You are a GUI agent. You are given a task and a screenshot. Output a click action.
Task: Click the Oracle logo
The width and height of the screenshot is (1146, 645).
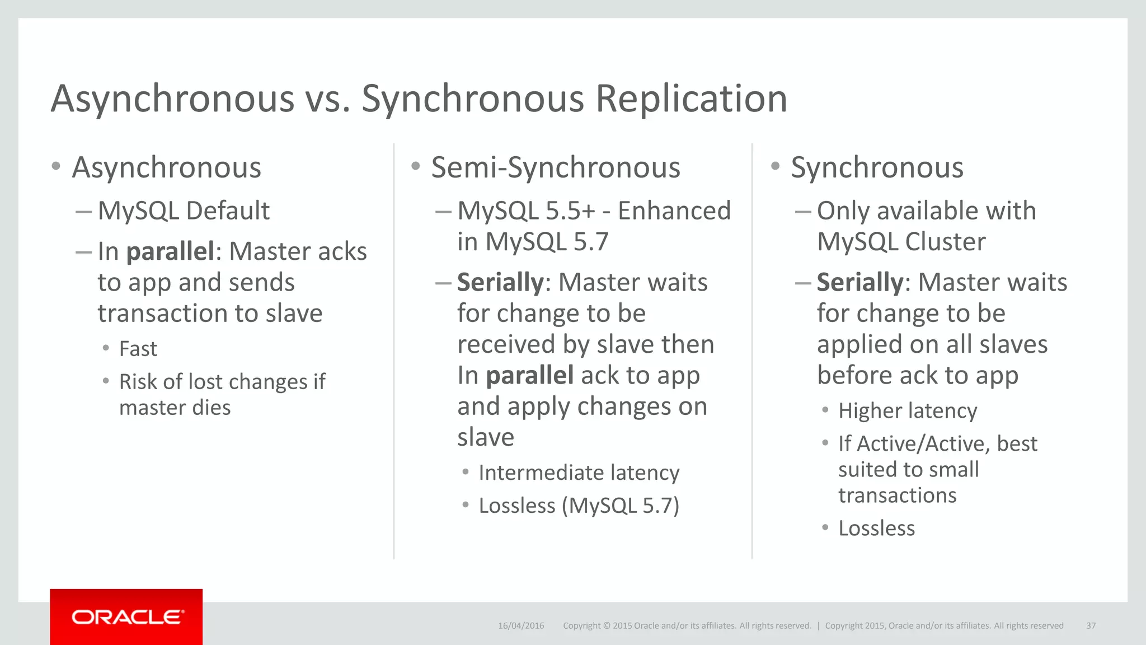(x=126, y=617)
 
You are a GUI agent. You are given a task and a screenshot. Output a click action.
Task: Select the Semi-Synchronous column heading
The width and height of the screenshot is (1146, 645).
(x=556, y=167)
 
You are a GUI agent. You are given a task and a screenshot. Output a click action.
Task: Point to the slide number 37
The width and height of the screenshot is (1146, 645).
(x=1091, y=625)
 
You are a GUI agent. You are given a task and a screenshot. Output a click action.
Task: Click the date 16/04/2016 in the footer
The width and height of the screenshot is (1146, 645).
(x=521, y=625)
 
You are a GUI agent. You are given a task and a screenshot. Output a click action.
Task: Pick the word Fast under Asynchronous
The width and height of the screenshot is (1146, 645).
(x=138, y=349)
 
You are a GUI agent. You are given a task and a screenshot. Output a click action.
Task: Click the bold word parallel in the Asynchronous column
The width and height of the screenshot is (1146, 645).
(x=171, y=251)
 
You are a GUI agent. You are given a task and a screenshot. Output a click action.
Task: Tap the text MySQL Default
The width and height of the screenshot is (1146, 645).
(x=184, y=211)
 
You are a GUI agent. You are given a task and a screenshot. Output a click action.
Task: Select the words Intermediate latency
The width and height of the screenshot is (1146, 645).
(x=579, y=473)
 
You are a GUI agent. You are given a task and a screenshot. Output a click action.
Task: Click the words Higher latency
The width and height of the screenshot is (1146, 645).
(x=908, y=410)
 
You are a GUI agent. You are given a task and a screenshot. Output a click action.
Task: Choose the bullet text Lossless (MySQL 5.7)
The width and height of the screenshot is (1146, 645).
(x=579, y=506)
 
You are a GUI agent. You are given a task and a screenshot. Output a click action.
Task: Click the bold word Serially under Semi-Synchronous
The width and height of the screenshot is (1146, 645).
(x=500, y=282)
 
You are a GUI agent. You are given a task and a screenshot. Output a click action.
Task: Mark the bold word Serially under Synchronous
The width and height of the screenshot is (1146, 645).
(x=859, y=282)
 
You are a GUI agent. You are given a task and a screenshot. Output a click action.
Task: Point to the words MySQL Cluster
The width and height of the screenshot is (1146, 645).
(x=901, y=242)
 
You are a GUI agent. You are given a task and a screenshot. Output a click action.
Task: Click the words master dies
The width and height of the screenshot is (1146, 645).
(x=175, y=408)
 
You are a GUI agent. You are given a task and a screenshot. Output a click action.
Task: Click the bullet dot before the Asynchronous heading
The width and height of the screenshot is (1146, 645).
(x=55, y=166)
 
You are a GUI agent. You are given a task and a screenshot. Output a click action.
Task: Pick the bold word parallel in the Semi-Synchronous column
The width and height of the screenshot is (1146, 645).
(x=529, y=375)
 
